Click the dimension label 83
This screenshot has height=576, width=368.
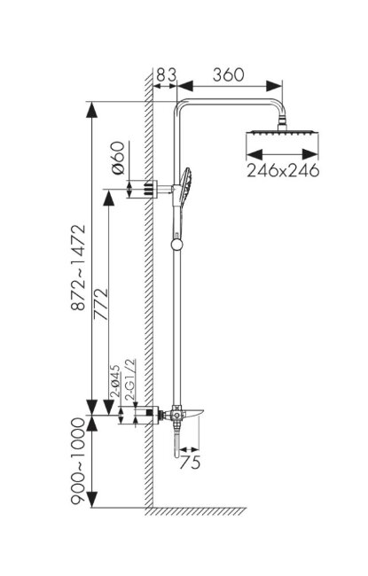[167, 74]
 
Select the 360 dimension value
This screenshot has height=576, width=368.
[228, 74]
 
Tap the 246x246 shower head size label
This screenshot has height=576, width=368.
[283, 170]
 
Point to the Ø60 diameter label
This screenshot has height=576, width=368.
[118, 158]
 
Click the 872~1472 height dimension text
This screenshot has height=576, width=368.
[78, 268]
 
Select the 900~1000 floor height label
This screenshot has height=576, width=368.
[78, 461]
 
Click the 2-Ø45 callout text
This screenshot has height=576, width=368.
[114, 380]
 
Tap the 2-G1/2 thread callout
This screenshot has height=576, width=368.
[130, 379]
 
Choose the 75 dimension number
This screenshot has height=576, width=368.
[190, 462]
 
